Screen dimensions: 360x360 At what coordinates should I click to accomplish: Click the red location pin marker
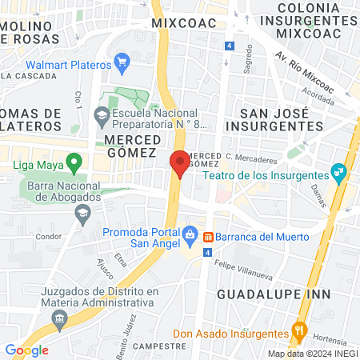(x=180, y=162)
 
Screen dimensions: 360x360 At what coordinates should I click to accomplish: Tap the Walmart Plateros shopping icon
(x=122, y=62)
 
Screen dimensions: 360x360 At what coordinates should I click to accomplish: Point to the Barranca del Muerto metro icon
(x=208, y=237)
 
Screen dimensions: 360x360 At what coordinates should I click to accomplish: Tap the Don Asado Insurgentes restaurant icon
(x=300, y=330)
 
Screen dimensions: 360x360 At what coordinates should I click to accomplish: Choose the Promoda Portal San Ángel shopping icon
(x=190, y=234)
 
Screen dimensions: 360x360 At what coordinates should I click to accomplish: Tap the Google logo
(x=26, y=350)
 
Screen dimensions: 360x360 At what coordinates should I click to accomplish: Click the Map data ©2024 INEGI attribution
(x=312, y=354)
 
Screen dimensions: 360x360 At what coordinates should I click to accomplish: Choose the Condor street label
(x=49, y=236)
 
